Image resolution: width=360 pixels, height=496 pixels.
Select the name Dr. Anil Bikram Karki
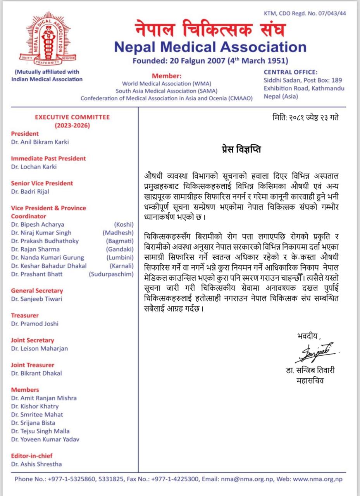[x=40, y=142]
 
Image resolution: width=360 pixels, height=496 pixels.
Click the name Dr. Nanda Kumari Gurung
[x=48, y=257]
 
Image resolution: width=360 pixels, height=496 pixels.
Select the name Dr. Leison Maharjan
[x=40, y=348]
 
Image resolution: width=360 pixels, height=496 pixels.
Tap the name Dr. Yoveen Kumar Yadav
[x=45, y=439]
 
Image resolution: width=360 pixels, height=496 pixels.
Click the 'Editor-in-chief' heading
[x=32, y=456]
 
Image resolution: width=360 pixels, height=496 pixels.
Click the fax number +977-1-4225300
[x=176, y=479]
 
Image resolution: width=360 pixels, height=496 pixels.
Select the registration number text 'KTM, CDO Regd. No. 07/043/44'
[x=305, y=13]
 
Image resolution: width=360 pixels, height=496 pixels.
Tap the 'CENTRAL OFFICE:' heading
[x=291, y=72]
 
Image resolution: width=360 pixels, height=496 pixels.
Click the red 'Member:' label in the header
[x=167, y=76]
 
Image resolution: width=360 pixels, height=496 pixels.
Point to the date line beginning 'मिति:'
[x=306, y=117]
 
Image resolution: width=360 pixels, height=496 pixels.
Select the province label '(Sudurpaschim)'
[x=111, y=274]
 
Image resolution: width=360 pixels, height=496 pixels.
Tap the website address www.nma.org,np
[x=318, y=479]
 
